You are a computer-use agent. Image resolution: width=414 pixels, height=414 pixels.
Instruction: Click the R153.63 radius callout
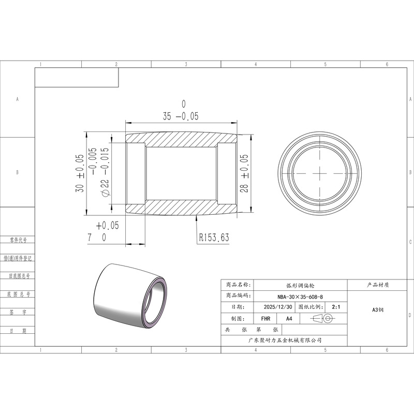[214, 238]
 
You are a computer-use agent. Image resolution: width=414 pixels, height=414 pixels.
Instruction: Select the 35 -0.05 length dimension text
[181, 110]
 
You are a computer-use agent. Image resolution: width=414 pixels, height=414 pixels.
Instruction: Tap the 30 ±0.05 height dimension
[80, 173]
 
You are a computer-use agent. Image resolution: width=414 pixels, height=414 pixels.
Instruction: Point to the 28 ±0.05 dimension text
[244, 173]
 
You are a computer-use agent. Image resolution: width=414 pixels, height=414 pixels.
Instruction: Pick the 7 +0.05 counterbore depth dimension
[103, 231]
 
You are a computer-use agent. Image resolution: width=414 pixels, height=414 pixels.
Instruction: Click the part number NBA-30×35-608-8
[300, 297]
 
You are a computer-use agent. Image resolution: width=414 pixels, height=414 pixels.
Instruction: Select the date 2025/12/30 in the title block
[278, 307]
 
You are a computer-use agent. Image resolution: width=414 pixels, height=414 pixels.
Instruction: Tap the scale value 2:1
[336, 307]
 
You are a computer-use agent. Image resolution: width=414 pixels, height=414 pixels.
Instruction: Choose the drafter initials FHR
[265, 319]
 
